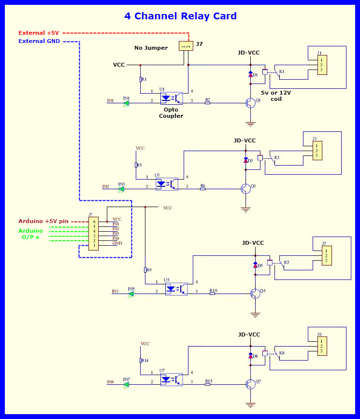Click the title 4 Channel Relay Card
[x=180, y=16]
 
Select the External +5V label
[x=39, y=33]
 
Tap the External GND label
[x=39, y=41]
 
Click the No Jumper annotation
[x=151, y=48]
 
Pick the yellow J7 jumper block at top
[x=186, y=46]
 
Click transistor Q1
[x=250, y=102]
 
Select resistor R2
[x=208, y=102]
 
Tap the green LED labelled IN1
[x=126, y=102]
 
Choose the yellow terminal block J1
[x=322, y=65]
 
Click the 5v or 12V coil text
[x=276, y=96]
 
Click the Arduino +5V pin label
[x=43, y=221]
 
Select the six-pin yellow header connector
[x=93, y=234]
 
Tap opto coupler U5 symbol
[x=176, y=289]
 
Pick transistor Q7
[x=250, y=384]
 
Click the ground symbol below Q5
[x=255, y=315]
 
